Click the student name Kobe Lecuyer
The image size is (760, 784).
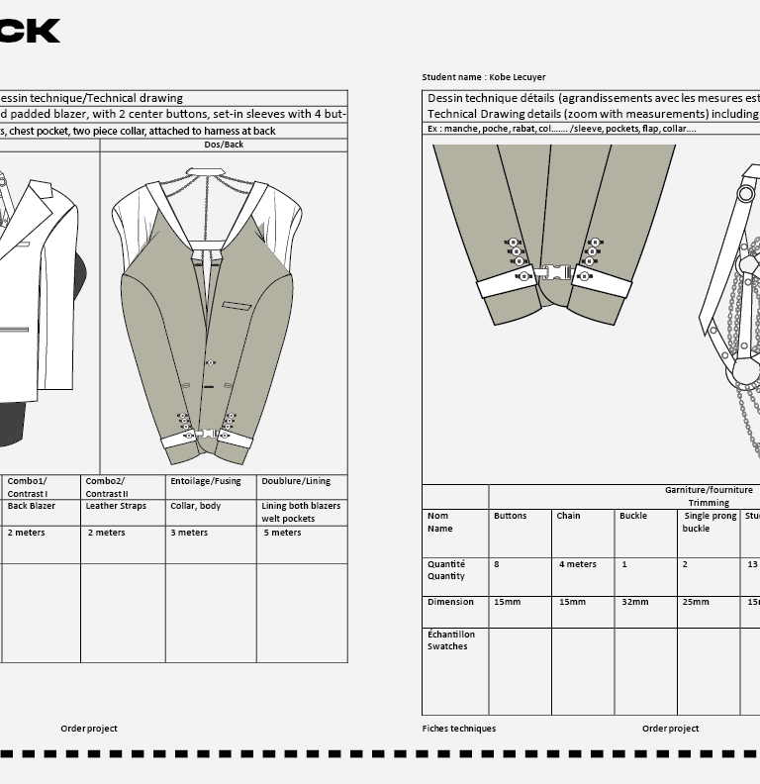(x=484, y=77)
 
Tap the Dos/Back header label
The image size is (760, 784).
(x=224, y=145)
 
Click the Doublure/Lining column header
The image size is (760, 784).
(x=296, y=481)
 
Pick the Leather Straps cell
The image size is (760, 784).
(x=116, y=506)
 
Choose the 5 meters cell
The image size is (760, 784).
(x=281, y=533)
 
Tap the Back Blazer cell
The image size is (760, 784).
(x=32, y=506)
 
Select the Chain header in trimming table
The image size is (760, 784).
(x=568, y=516)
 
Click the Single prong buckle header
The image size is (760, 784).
(x=710, y=522)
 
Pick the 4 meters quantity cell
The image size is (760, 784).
(x=577, y=564)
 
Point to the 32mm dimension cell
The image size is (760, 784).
(x=634, y=602)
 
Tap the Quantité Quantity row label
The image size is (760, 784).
(x=445, y=570)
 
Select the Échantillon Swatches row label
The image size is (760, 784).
(x=451, y=640)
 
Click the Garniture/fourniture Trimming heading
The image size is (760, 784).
(x=709, y=496)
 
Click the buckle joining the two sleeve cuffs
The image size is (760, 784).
(x=554, y=272)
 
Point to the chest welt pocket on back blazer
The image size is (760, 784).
(x=237, y=304)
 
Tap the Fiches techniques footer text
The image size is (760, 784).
(x=458, y=729)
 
